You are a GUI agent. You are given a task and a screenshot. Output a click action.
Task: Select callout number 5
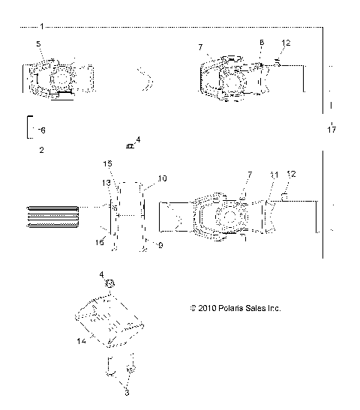click(x=38, y=46)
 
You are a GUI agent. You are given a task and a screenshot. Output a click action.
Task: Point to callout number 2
click(x=40, y=150)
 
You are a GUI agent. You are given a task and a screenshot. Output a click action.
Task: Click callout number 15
click(x=106, y=163)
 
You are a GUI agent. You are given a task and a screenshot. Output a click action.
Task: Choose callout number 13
click(x=106, y=183)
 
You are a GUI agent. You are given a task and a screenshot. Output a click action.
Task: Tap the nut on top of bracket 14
click(x=109, y=284)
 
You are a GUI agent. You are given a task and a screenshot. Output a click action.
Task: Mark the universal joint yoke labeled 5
click(x=56, y=77)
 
